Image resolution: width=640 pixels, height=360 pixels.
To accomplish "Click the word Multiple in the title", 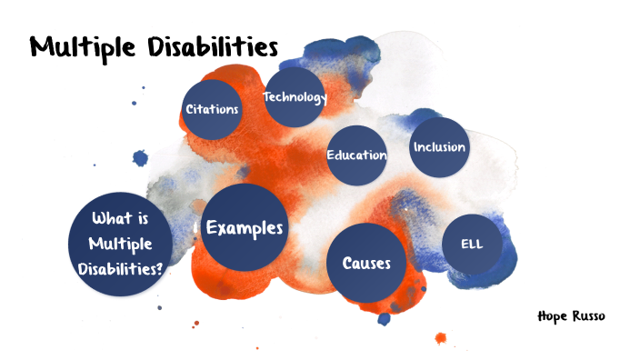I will pyautogui.click(x=76, y=46).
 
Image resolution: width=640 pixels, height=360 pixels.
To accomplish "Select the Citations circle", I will pyautogui.click(x=212, y=109).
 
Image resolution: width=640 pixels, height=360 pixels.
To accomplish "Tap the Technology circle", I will pyautogui.click(x=295, y=96).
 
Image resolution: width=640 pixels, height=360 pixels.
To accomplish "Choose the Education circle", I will pyautogui.click(x=357, y=155).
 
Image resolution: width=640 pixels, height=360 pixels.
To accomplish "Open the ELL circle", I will pyautogui.click(x=472, y=245).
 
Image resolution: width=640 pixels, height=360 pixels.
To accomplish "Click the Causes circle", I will pyautogui.click(x=366, y=264).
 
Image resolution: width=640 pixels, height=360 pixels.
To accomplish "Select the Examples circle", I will pyautogui.click(x=245, y=227).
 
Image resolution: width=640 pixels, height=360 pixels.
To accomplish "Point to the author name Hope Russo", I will pyautogui.click(x=571, y=316).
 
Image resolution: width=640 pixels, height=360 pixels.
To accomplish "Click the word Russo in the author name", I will pyautogui.click(x=588, y=316).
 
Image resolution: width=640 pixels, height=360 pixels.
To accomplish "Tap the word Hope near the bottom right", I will pyautogui.click(x=552, y=316).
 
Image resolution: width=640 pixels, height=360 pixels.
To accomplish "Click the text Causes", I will pyautogui.click(x=366, y=264).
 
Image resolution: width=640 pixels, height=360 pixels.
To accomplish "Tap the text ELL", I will pyautogui.click(x=472, y=245).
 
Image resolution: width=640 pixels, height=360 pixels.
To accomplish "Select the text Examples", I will pyautogui.click(x=245, y=227).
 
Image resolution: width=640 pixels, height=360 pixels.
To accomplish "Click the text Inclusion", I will pyautogui.click(x=439, y=146).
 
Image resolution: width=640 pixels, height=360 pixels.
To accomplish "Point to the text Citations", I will pyautogui.click(x=212, y=109).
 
